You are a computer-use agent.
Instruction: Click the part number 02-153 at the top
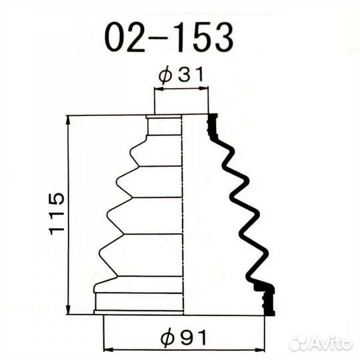pyautogui.click(x=169, y=38)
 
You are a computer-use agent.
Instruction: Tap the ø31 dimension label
pyautogui.click(x=181, y=74)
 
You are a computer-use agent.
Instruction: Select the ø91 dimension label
pyautogui.click(x=184, y=338)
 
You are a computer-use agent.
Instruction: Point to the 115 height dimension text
pyautogui.click(x=57, y=214)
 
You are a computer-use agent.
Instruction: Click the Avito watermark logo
pyautogui.click(x=321, y=343)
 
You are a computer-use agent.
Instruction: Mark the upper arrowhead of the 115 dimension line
pyautogui.click(x=68, y=120)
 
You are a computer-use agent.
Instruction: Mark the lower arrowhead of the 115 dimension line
pyautogui.click(x=68, y=309)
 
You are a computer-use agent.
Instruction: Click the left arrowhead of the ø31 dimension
pyautogui.click(x=159, y=89)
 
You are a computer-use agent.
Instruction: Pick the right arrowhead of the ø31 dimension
pyautogui.click(x=203, y=88)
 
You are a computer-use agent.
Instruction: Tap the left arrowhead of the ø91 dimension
pyautogui.click(x=109, y=350)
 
